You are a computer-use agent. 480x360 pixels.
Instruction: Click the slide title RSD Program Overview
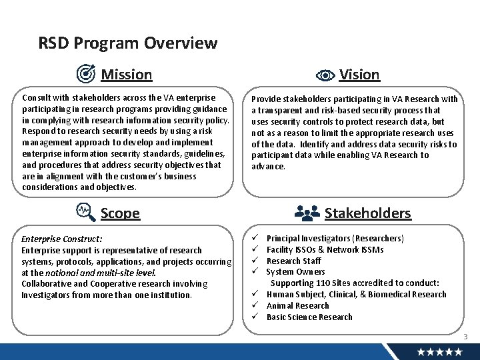tap(128, 43)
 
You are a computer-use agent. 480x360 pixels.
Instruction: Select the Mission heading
tap(126, 74)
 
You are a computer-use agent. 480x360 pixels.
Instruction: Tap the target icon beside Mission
tap(86, 73)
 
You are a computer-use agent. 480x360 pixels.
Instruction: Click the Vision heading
tap(359, 74)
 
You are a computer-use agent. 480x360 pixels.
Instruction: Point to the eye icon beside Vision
tap(325, 75)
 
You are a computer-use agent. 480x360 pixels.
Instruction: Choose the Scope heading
tap(120, 213)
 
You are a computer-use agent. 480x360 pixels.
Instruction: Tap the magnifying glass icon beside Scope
tap(86, 212)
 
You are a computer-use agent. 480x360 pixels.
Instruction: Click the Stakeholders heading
tap(367, 213)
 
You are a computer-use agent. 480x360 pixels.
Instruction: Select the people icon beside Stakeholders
tap(307, 213)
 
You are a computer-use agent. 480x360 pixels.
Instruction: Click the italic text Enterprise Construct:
tap(62, 238)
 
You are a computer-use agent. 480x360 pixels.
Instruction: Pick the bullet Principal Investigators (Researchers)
tap(335, 238)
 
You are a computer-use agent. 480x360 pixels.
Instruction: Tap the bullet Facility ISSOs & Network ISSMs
tap(325, 249)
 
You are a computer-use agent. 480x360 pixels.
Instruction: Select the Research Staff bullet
tap(293, 261)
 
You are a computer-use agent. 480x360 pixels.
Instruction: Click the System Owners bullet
tap(295, 271)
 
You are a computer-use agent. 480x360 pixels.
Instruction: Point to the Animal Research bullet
tap(297, 305)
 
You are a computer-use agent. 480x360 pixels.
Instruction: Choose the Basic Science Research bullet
tap(309, 317)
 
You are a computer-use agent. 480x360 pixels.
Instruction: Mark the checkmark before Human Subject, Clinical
tap(255, 294)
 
